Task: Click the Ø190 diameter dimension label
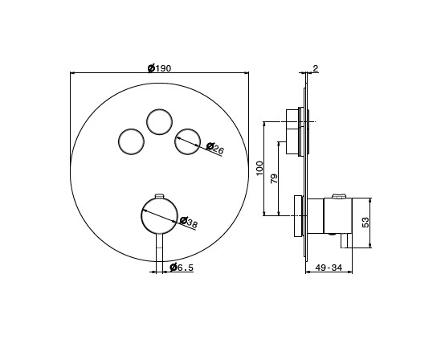coord(160,68)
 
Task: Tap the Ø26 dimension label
coord(215,149)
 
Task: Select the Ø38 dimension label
coord(189,222)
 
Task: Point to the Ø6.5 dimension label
coord(182,267)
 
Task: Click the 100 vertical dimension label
coord(259,168)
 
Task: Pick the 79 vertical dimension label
coord(274,178)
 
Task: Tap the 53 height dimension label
coord(365,222)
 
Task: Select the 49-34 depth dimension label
coord(329,268)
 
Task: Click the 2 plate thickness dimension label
coord(316,68)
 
